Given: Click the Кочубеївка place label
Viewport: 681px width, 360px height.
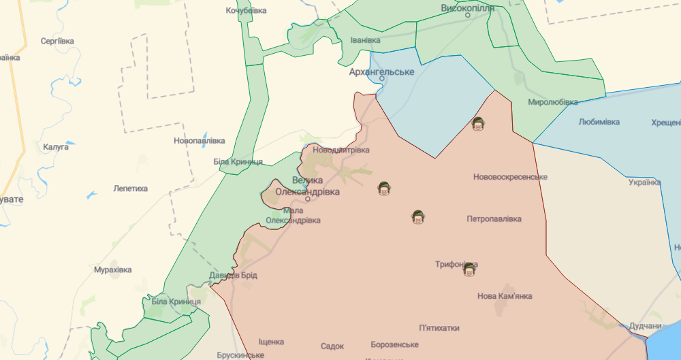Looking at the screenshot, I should (246, 11).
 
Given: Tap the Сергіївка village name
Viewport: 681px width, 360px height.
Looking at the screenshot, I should (57, 41).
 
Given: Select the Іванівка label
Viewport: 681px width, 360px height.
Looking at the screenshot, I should (365, 40).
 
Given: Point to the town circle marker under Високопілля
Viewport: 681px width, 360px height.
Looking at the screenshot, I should (469, 15).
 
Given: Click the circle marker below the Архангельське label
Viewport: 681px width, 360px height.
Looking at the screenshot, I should (382, 78).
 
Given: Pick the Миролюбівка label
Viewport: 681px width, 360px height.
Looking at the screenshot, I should (552, 102).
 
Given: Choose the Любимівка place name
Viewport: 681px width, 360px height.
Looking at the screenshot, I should (599, 122).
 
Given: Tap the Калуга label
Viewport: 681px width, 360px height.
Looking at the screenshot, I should (56, 146).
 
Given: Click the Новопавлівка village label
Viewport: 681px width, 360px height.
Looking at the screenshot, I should (199, 140).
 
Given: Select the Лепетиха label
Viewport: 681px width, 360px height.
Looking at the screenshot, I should (130, 189).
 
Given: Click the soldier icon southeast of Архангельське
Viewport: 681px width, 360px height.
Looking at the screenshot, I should (478, 124).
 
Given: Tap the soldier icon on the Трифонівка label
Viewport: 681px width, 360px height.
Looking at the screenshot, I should (469, 270).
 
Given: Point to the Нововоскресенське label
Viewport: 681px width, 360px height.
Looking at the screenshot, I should (511, 177).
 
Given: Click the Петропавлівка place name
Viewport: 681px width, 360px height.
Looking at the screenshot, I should (494, 219).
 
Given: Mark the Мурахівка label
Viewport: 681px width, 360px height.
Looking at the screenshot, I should (112, 269).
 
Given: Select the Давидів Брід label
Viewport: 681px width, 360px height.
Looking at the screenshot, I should (233, 275).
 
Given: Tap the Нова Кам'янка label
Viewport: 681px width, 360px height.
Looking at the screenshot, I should (505, 296).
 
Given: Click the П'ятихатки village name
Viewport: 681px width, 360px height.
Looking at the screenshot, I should (439, 328).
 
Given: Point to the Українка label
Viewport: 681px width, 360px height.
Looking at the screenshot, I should (644, 182).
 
